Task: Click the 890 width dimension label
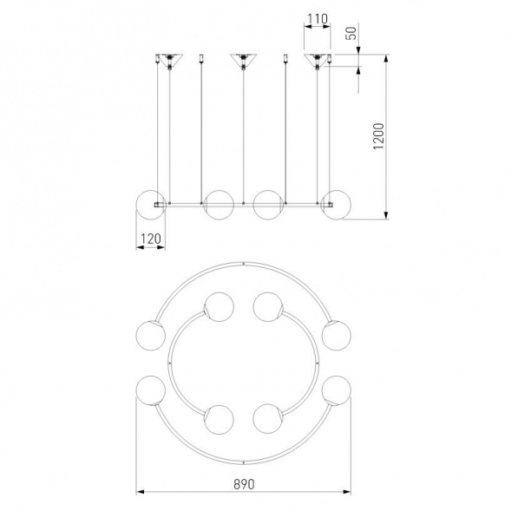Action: click(x=244, y=484)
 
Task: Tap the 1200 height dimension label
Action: click(x=379, y=136)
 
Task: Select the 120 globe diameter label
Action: click(x=151, y=239)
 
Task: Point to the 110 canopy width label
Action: click(x=318, y=19)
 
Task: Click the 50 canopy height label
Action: click(x=351, y=33)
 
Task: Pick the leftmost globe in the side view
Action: click(x=151, y=205)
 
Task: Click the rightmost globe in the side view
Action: click(x=336, y=205)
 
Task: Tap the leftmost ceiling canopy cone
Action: click(x=169, y=60)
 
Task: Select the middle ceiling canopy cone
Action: click(x=244, y=60)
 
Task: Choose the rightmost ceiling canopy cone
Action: click(x=317, y=60)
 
